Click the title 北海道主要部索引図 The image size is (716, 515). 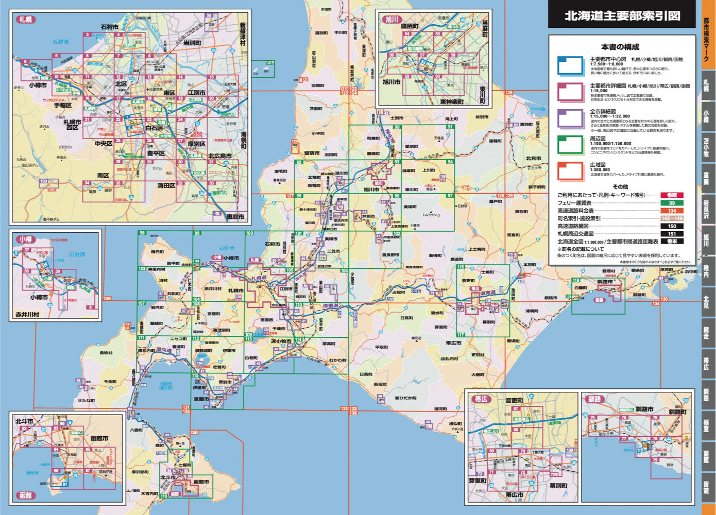coord(622,16)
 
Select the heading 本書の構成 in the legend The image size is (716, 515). coord(620,47)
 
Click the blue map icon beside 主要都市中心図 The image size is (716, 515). coord(570,66)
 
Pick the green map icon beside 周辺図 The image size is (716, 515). coord(570,145)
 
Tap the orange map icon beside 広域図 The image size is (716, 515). coord(570,171)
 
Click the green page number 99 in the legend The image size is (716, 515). coord(672,203)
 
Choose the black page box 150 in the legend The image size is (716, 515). coord(672,226)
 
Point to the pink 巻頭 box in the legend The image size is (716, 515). coord(672,195)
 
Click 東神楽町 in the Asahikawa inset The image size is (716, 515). coord(445,101)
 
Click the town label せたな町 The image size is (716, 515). coord(87,400)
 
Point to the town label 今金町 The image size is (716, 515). coord(110,382)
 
